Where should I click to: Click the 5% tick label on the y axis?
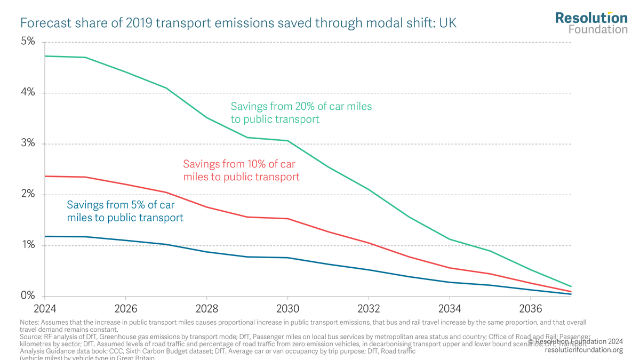28,42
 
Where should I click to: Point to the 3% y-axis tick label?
28,143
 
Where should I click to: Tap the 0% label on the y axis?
28,296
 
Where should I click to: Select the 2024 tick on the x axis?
45,309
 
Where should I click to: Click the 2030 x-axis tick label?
288,309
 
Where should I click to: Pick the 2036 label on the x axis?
531,309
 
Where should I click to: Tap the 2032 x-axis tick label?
369,309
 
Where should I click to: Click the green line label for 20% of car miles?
301,113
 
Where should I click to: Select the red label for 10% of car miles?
241,170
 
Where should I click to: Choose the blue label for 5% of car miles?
125,211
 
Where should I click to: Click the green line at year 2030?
288,141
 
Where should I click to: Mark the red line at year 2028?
207,207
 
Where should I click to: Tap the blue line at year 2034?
450,282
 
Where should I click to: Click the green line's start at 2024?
45,56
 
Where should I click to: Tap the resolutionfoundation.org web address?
583,350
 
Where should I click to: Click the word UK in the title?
447,23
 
